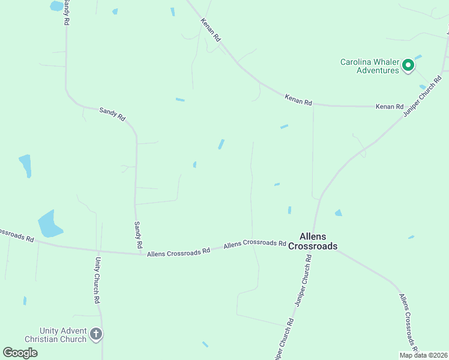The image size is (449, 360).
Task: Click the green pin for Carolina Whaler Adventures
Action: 408,65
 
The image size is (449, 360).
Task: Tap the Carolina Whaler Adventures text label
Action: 370,66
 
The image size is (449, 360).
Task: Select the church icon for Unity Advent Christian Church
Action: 96,334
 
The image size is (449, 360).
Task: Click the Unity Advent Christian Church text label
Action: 63,335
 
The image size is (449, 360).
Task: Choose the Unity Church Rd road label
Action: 97,280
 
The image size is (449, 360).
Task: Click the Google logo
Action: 20,352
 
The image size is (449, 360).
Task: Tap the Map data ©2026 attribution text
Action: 423,355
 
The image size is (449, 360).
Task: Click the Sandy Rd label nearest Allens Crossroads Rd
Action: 137,235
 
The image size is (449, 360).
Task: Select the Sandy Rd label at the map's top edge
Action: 65,12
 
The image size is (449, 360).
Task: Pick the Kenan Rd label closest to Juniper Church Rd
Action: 390,106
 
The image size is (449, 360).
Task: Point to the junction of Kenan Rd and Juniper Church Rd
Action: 411,107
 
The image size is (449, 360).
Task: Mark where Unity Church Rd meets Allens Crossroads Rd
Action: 99,249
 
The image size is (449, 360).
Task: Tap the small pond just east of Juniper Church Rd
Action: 339,212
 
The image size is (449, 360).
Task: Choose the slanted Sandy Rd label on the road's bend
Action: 112,114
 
